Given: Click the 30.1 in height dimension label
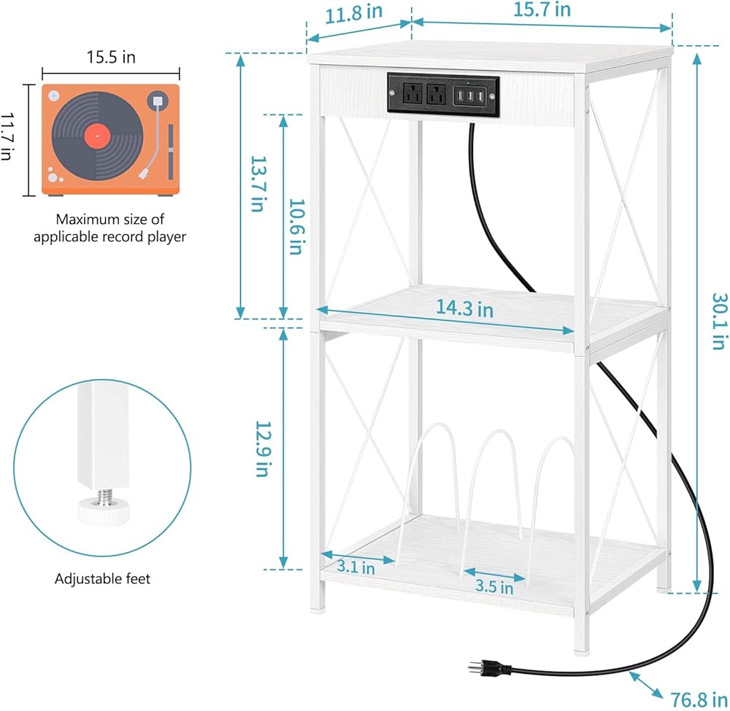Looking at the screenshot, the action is click(719, 321).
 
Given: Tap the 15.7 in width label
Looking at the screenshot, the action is click(542, 9).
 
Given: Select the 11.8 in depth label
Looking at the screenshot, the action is click(353, 13).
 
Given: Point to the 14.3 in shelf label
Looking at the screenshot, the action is click(464, 308).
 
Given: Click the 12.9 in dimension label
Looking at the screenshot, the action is click(263, 448).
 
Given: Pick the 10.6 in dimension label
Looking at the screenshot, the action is click(296, 227).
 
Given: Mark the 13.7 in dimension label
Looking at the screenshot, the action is click(258, 184).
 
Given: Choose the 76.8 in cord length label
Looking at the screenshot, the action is click(699, 699).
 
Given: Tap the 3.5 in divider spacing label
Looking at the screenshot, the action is click(494, 586).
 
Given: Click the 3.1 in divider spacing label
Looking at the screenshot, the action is click(356, 567).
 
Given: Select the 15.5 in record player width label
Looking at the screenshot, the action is click(111, 57).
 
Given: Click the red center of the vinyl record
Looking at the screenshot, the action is click(97, 136).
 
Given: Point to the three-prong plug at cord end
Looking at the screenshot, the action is click(490, 668).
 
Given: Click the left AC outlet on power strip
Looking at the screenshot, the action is click(412, 93).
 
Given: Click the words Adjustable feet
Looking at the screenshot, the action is click(102, 579).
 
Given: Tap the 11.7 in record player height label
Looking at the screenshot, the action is click(6, 136).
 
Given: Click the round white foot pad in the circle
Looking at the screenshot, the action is click(103, 511).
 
